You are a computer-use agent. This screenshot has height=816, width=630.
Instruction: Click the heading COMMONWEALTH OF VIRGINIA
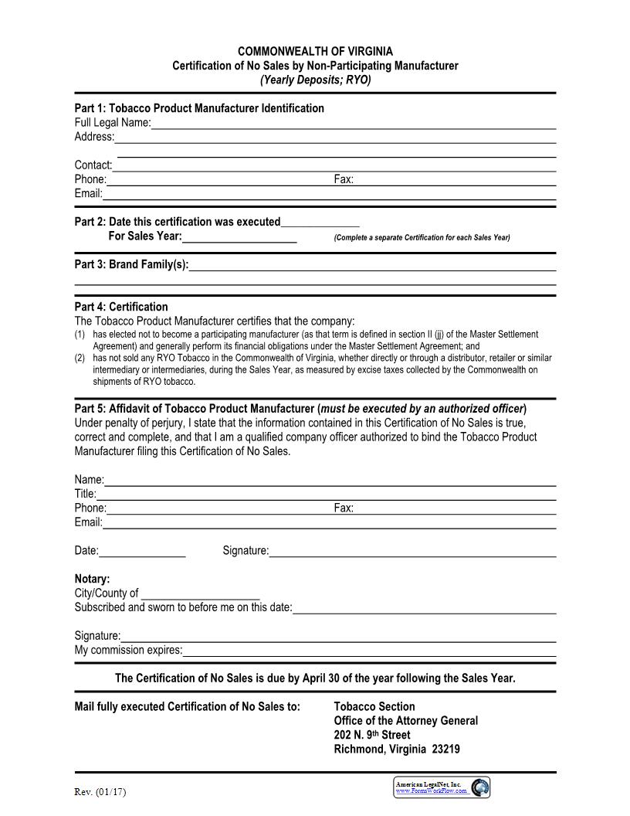coord(315,52)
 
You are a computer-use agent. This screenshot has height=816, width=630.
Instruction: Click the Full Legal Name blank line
coord(354,124)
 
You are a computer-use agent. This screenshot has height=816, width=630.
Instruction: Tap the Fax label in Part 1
coord(344,179)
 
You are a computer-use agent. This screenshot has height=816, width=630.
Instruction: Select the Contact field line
coord(334,166)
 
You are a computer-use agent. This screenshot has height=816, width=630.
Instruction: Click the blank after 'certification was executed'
coord(320,223)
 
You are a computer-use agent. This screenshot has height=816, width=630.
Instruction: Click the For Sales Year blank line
coord(239,237)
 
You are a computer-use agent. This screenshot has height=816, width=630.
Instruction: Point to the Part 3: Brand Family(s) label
coord(131,264)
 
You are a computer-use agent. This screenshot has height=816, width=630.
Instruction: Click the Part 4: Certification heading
coord(121,307)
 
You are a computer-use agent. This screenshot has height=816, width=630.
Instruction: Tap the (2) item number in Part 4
coord(80,359)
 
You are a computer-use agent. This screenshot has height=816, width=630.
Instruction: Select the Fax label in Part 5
coord(344,508)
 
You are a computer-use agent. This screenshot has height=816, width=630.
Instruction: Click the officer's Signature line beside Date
coord(412,552)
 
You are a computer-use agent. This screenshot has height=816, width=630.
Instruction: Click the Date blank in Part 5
coord(142,552)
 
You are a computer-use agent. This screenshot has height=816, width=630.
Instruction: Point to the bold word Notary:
coord(92,579)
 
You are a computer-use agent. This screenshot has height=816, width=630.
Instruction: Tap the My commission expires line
coord(369,651)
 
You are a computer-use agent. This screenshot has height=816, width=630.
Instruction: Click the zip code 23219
coord(445,750)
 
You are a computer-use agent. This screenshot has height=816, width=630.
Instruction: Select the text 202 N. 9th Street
coord(372,735)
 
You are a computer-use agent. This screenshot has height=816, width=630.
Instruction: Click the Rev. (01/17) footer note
coord(100,792)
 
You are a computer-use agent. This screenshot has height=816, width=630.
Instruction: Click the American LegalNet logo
coord(442,787)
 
